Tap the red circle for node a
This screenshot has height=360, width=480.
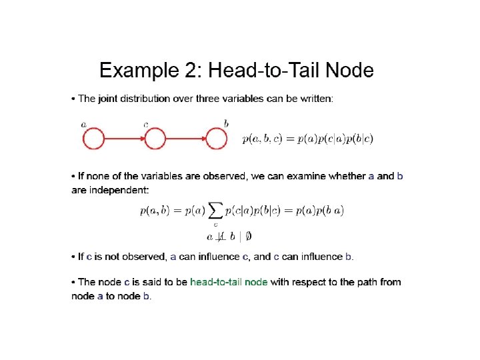click(93, 139)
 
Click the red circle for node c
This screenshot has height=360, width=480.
click(155, 139)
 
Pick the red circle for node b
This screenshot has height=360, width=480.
click(217, 139)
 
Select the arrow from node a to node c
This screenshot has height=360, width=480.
click(124, 139)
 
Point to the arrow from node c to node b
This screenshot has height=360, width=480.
click(186, 139)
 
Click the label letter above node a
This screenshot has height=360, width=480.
click(83, 124)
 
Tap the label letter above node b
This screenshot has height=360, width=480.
click(227, 123)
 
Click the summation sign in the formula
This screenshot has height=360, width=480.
click(215, 211)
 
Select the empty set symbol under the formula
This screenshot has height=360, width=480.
click(249, 236)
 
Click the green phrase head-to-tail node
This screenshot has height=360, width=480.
click(229, 282)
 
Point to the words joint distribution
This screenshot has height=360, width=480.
click(134, 99)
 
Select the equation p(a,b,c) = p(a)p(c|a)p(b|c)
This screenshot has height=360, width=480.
click(308, 139)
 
